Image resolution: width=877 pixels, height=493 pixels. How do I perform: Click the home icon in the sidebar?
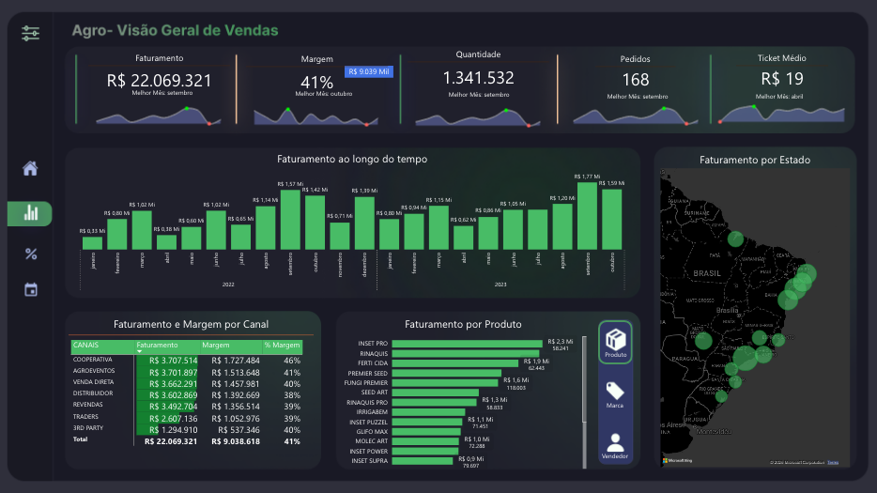point(30,169)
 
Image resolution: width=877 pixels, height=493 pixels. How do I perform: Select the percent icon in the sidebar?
point(30,254)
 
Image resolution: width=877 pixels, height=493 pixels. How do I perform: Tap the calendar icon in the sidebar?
point(30,289)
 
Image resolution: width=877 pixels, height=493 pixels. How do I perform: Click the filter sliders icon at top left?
point(30,33)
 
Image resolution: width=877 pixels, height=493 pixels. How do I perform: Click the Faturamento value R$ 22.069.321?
point(159,81)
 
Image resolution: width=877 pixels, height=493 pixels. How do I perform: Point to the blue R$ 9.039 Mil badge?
point(370,70)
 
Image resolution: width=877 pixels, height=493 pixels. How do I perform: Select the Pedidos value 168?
point(635,81)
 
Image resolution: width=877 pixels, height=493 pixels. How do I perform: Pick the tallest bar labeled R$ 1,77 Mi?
point(587,215)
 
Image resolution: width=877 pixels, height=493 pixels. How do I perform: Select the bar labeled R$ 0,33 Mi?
point(92,242)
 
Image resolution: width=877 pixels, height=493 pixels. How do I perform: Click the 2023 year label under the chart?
point(500,284)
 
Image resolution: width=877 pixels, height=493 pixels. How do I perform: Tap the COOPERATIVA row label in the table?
point(93,360)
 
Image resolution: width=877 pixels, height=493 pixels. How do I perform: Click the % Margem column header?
point(282,346)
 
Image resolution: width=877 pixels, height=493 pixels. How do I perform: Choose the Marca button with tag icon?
point(615,394)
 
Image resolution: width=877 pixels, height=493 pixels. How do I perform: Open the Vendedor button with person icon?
point(615,445)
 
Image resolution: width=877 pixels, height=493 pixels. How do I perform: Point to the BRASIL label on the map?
point(706,273)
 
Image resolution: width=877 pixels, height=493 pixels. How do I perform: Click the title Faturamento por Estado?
point(754,160)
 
